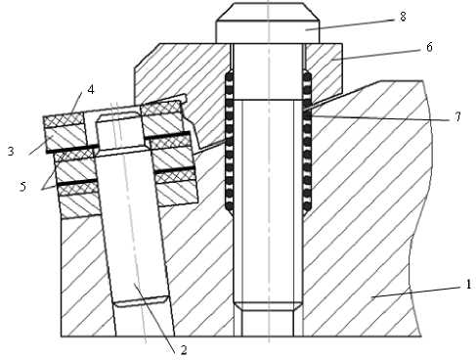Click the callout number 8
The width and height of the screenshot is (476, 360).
pos(403,17)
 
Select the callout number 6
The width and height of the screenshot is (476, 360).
pos(429,47)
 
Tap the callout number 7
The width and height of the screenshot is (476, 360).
pos(458,116)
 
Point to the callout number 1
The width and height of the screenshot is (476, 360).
pos(468,285)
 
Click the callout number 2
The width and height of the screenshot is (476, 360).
pos(184,350)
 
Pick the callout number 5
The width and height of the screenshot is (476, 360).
pos(22,187)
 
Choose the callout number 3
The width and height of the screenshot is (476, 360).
pos(11,152)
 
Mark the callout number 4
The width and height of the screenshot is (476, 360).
pos(91,89)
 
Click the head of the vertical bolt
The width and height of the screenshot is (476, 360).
pos(268,22)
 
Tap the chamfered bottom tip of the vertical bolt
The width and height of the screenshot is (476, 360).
pos(268,305)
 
